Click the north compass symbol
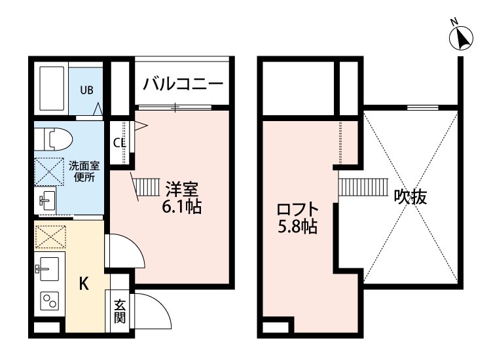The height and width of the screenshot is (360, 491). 461,37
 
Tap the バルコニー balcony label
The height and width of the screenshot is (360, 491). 183,84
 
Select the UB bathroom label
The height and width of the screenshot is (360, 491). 86,90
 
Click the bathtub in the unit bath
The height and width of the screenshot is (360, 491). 52,88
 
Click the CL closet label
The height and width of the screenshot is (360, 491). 119,143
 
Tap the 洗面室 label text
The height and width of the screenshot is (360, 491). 84,166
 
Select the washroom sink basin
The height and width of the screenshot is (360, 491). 47,200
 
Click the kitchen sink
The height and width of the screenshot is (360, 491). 47,268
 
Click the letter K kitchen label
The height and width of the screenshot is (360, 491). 83,284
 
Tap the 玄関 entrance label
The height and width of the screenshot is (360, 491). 120,311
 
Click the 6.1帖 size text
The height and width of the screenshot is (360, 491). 181,207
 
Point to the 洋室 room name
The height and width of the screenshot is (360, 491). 181,189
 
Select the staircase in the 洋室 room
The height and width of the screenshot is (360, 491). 145,187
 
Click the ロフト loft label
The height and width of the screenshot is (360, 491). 297,209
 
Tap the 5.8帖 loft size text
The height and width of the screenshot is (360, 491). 297,227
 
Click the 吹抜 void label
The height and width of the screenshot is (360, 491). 410,197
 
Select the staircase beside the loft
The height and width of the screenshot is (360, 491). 363,187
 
